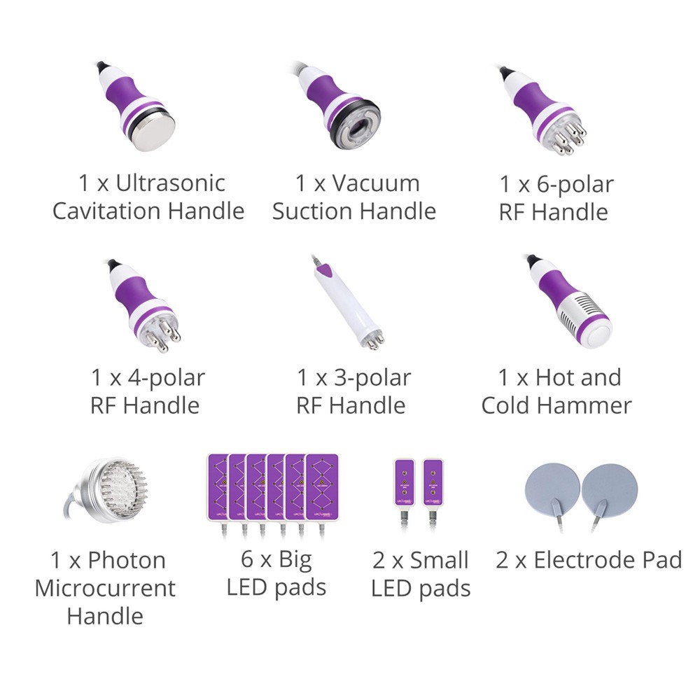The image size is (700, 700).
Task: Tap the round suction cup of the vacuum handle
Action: pyautogui.click(x=356, y=127)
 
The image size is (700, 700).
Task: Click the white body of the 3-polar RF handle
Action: pyautogui.click(x=347, y=304)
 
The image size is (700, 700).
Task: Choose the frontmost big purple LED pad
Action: pyautogui.click(x=322, y=487)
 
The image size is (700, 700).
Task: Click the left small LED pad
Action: pyautogui.click(x=405, y=482)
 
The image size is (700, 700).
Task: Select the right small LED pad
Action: pyautogui.click(x=433, y=482)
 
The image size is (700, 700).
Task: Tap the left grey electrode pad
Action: pyautogui.click(x=553, y=490)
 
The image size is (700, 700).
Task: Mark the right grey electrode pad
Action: pyautogui.click(x=610, y=490)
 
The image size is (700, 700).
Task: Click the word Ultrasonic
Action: pyautogui.click(x=170, y=183)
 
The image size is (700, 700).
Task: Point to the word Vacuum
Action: pyautogui.click(x=375, y=183)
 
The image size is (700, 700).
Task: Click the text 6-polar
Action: pyautogui.click(x=575, y=185)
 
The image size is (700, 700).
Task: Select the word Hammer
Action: pyautogui.click(x=584, y=405)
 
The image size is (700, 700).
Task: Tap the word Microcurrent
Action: pyautogui.click(x=105, y=589)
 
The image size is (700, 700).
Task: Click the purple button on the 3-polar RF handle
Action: pyautogui.click(x=326, y=269)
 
